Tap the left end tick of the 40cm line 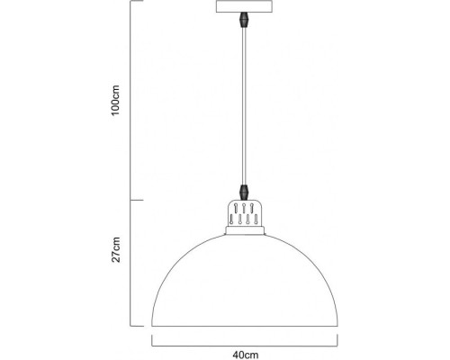pos(151,340)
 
